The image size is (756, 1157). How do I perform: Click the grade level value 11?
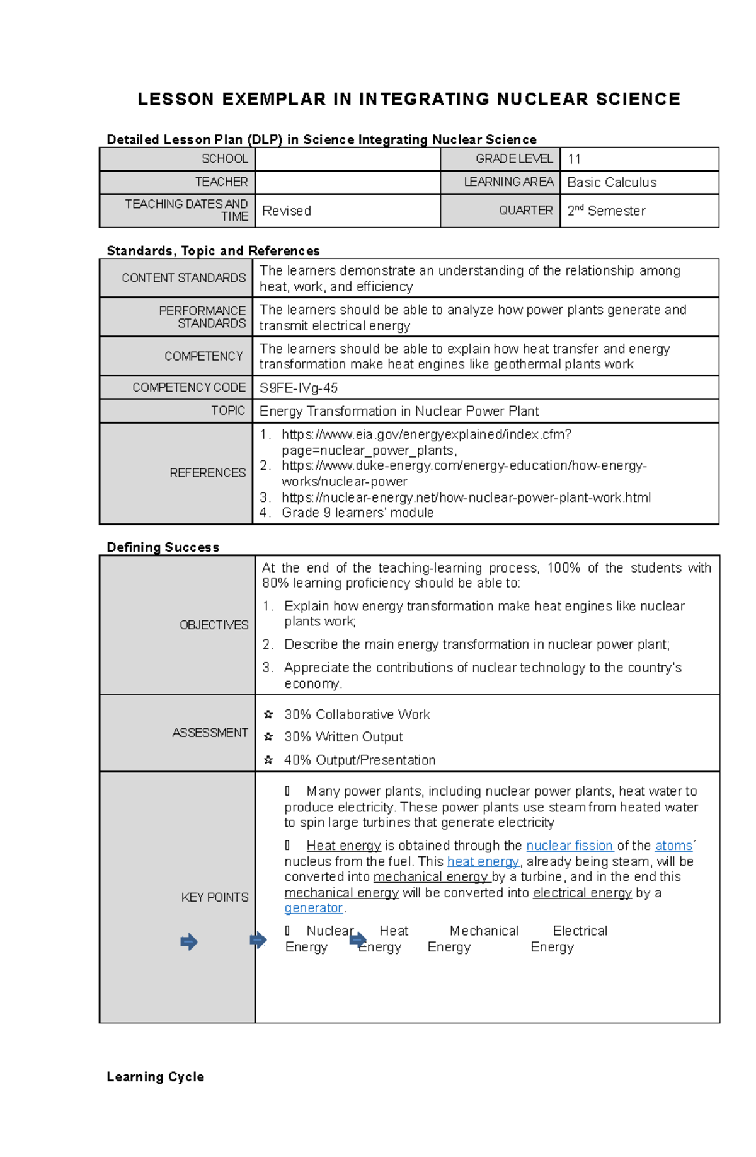coord(574,160)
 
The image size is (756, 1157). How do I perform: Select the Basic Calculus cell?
coord(611,182)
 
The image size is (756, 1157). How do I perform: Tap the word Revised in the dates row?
coord(287,211)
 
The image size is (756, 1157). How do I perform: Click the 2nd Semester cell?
coord(606,211)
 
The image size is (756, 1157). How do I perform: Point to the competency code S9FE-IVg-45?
coord(299,388)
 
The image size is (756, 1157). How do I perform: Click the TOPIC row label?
coord(227,410)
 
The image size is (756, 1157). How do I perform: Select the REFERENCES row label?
coord(207,473)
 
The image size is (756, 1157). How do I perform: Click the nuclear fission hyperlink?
coord(570,846)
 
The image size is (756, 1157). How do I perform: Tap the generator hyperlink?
coord(313,908)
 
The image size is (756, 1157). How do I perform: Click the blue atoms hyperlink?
coord(673,846)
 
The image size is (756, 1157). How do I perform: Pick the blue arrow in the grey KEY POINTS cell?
coord(189,942)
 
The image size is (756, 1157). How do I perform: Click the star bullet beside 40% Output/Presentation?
coord(268,760)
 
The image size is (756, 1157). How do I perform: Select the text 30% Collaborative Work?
coord(357,714)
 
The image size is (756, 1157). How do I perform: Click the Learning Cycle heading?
coord(155,1077)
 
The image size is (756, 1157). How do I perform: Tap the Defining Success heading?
coord(163,547)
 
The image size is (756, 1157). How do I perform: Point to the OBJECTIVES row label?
coord(214,625)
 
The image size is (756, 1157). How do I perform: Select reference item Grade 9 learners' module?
coord(357,513)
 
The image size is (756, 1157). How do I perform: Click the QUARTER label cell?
coord(525,211)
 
